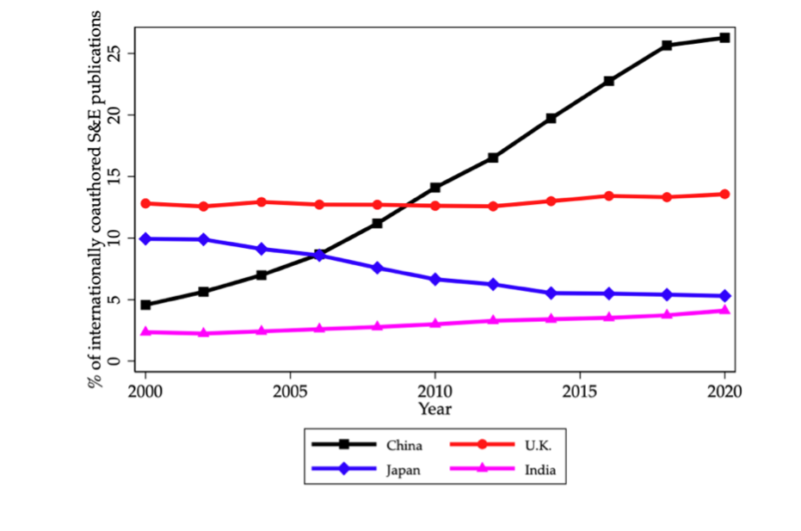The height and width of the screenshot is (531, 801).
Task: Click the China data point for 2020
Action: click(724, 38)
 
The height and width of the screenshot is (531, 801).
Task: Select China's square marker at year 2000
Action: click(145, 305)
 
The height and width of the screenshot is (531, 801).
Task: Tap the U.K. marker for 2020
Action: click(724, 194)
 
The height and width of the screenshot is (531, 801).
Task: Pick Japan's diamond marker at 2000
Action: click(145, 238)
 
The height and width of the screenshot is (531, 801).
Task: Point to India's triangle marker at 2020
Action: click(724, 310)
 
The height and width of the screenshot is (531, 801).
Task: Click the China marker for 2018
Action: click(667, 45)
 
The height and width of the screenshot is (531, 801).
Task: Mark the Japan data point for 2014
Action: click(551, 293)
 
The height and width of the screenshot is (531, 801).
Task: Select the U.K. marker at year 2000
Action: click(145, 203)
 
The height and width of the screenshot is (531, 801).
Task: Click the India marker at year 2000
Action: click(145, 331)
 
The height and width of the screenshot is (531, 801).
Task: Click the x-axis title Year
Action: click(434, 409)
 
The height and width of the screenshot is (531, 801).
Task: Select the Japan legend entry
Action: click(403, 470)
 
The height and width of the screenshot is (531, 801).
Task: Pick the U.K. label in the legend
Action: click(537, 445)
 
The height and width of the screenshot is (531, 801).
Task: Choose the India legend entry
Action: click(539, 470)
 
